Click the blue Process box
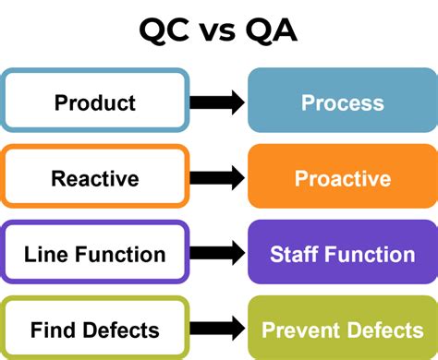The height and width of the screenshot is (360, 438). point(342,102)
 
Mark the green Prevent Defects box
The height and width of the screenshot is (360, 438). point(342,330)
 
